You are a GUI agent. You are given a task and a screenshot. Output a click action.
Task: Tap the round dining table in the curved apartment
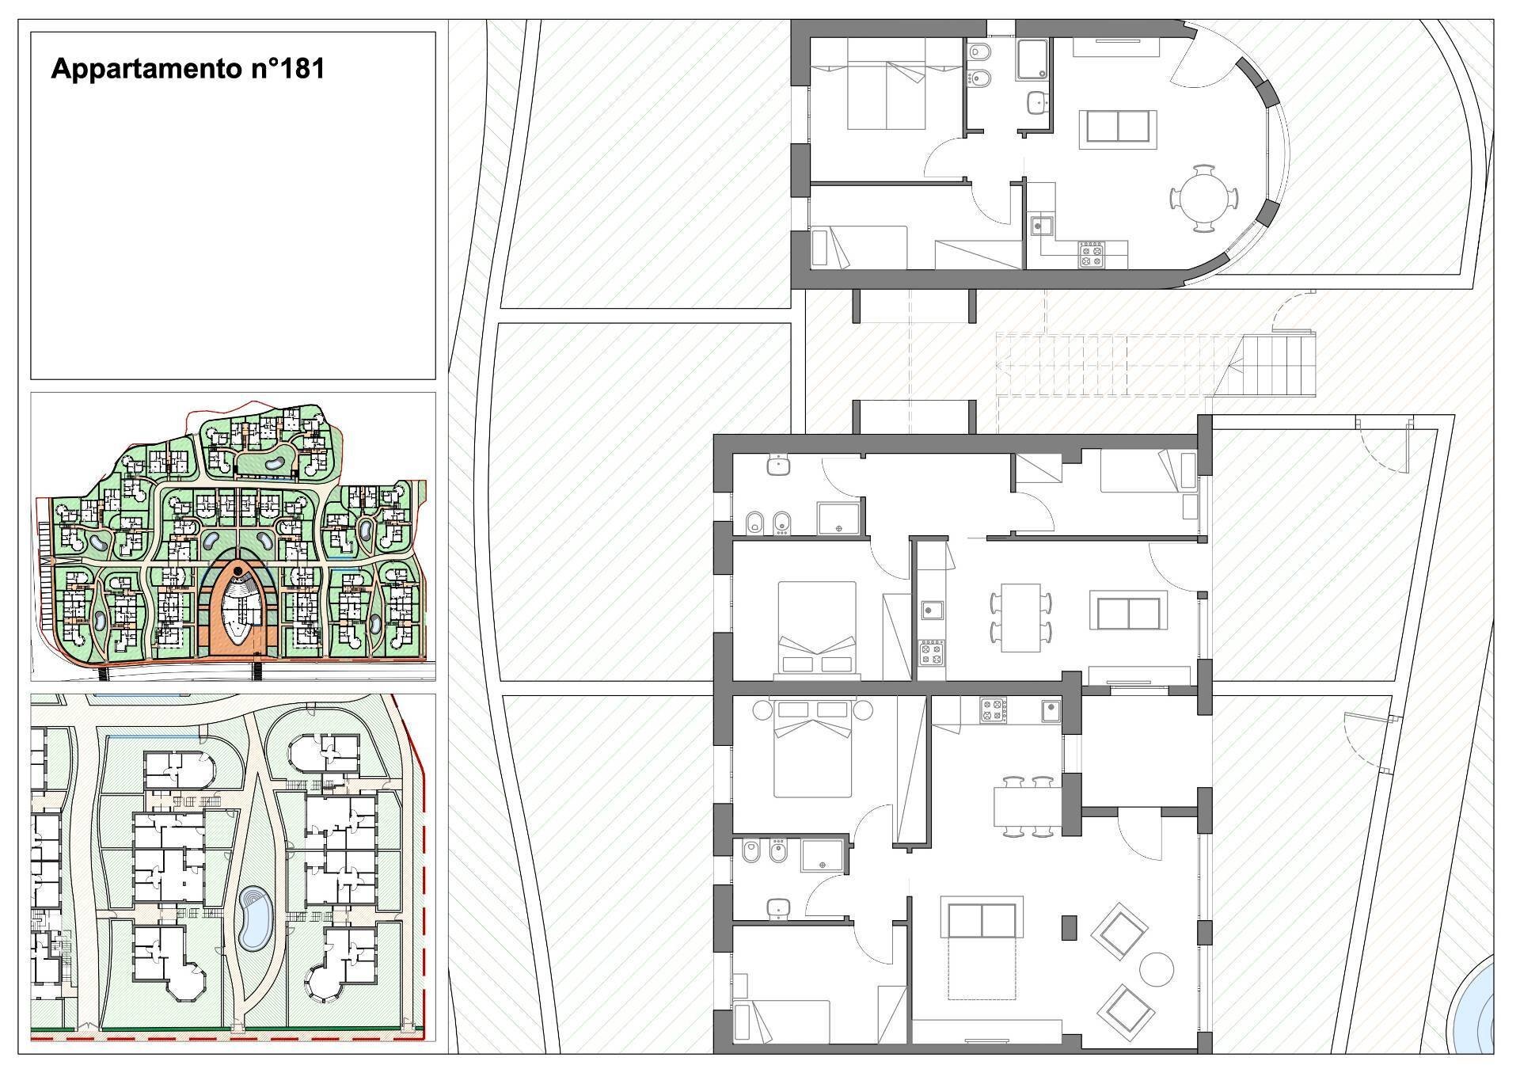pyautogui.click(x=1203, y=198)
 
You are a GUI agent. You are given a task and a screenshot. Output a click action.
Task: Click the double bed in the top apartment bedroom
pyautogui.click(x=886, y=85)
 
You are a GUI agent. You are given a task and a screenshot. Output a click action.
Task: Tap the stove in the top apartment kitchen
pyautogui.click(x=1092, y=255)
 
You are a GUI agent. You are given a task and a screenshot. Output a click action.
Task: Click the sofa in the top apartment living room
pyautogui.click(x=1118, y=127)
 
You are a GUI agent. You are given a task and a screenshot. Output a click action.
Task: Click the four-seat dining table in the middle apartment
pyautogui.click(x=1020, y=618)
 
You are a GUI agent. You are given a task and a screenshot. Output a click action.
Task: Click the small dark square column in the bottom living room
pyautogui.click(x=1069, y=927)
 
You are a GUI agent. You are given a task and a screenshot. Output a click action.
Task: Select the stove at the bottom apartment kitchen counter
pyautogui.click(x=992, y=709)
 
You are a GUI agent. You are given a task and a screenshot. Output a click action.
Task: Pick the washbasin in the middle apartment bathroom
pyautogui.click(x=780, y=466)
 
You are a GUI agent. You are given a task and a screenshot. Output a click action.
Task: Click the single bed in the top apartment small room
pyautogui.click(x=860, y=246)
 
